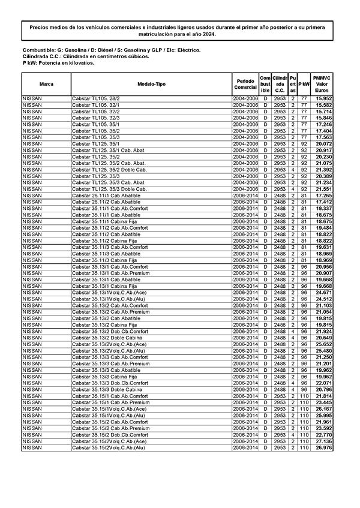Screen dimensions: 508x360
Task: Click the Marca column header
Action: pyautogui.click(x=46, y=84)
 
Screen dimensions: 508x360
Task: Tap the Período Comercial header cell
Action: pyautogui.click(x=245, y=84)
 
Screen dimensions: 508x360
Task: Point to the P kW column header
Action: pyautogui.click(x=304, y=84)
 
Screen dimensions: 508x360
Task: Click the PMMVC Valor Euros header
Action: pyautogui.click(x=322, y=84)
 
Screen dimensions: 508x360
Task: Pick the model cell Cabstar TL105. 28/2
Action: pyautogui.click(x=96, y=98)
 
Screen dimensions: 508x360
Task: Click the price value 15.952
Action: pyautogui.click(x=324, y=98)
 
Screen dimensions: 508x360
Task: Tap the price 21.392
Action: pyautogui.click(x=324, y=170)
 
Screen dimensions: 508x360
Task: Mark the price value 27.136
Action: pyautogui.click(x=324, y=441)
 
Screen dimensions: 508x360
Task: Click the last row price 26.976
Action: pyautogui.click(x=324, y=447)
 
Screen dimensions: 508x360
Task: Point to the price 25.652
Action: pyautogui.click(x=324, y=344)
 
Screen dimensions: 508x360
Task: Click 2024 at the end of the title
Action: pyautogui.click(x=208, y=34)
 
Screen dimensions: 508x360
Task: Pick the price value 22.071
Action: pyautogui.click(x=324, y=383)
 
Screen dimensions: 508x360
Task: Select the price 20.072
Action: pyautogui.click(x=324, y=144)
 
